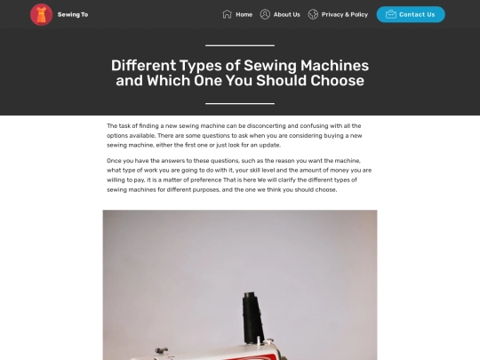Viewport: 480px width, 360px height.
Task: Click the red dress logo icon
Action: [x=41, y=15]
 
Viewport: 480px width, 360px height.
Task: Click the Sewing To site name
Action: [x=73, y=15]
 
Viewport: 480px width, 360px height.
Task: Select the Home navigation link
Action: [x=244, y=15]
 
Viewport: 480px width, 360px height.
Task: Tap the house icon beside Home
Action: [x=227, y=14]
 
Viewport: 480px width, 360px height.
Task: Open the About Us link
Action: [x=287, y=15]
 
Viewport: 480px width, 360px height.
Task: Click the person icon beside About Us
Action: [x=265, y=14]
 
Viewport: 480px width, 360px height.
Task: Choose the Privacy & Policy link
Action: [x=345, y=15]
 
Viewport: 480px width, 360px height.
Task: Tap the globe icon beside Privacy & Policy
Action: [x=313, y=14]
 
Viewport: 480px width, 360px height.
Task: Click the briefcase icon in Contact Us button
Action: [x=391, y=14]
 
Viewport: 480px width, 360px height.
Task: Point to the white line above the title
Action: [x=240, y=45]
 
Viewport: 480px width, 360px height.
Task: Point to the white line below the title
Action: [x=240, y=103]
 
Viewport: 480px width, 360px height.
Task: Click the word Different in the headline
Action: [x=144, y=66]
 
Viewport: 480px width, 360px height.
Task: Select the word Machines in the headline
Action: [x=334, y=66]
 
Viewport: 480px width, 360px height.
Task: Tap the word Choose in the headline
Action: [x=338, y=81]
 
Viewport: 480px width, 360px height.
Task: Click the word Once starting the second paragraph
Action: [x=114, y=161]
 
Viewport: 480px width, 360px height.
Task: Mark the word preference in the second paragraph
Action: [x=206, y=180]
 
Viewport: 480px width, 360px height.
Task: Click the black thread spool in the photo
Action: [x=252, y=317]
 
